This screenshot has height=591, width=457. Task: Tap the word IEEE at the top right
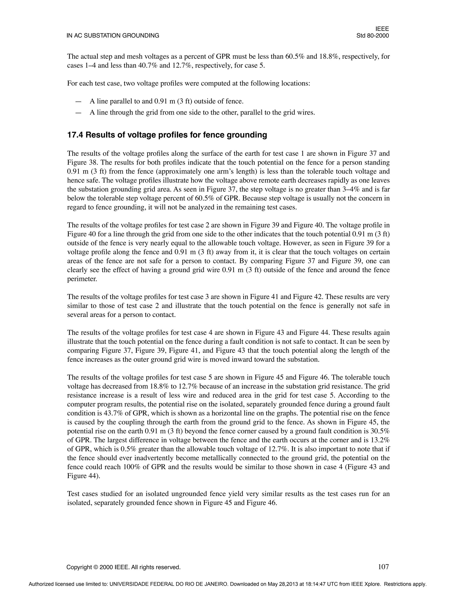pos(382,29)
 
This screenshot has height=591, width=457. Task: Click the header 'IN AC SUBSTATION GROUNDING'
pos(113,35)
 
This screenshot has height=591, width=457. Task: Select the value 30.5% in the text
pos(379,431)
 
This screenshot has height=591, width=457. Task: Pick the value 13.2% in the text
pos(379,440)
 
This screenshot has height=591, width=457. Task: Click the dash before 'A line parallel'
pos(78,101)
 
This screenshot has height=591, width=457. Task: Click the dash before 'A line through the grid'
pos(78,113)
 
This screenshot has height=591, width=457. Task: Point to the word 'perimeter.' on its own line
pos(82,279)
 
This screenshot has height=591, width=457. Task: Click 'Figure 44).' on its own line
pos(84,476)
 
